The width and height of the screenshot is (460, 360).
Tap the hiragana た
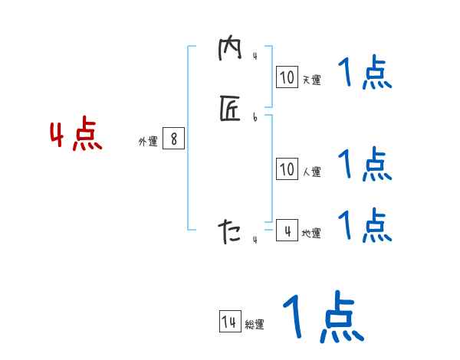point(229,230)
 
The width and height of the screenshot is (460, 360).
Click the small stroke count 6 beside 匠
point(255,117)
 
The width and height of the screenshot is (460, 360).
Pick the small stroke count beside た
point(255,240)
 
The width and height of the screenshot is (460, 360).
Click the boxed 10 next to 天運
point(287,77)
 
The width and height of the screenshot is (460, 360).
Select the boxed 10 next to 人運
point(287,169)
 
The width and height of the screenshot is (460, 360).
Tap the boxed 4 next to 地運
point(287,230)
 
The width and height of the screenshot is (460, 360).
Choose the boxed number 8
point(174,139)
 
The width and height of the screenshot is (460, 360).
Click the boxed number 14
point(229,322)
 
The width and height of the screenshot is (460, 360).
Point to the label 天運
point(310,79)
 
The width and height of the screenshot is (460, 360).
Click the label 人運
point(311,172)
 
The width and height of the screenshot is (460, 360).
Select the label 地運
point(310,233)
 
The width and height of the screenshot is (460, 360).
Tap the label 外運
point(148,142)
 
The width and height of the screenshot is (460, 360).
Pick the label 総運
point(255,326)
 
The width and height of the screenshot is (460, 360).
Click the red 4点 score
point(76,136)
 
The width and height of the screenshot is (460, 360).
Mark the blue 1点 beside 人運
point(364,163)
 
